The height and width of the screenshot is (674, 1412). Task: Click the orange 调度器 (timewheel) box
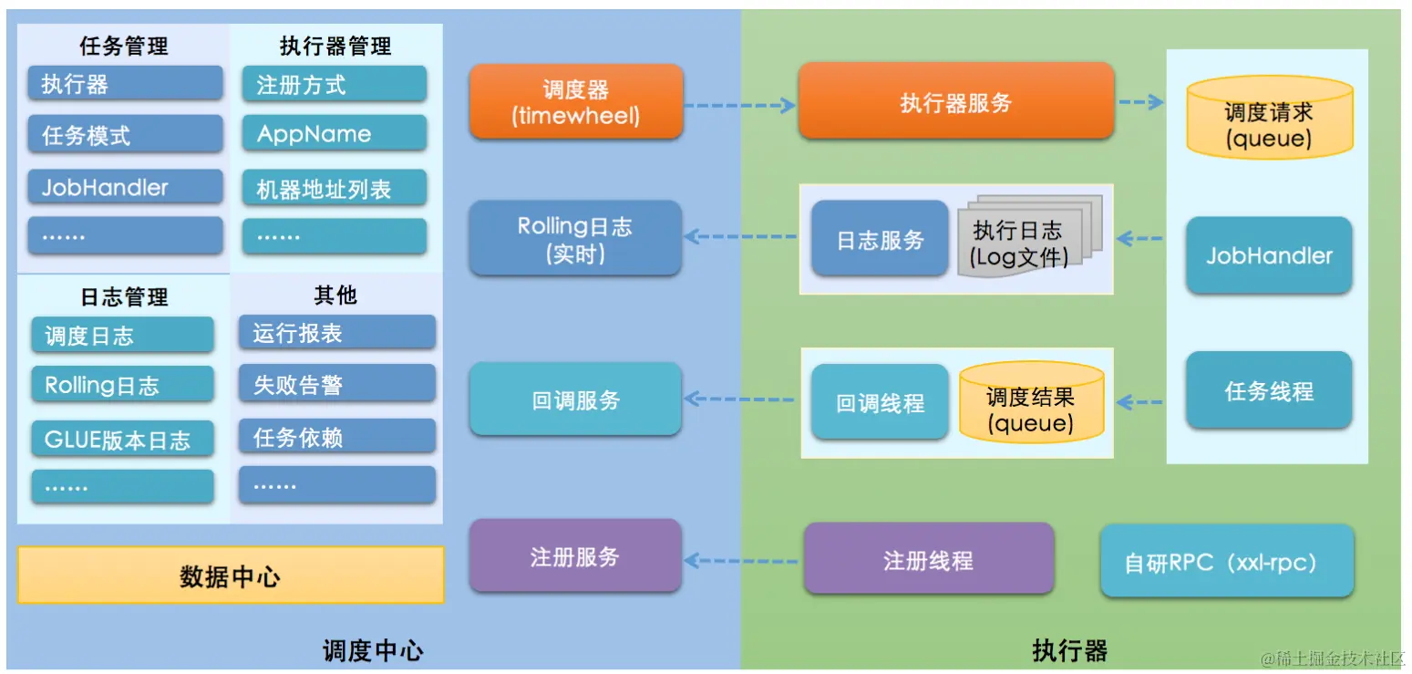(x=575, y=102)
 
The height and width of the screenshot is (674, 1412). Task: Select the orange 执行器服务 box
(x=955, y=102)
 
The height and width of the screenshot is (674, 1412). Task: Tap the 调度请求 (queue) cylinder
(x=1268, y=119)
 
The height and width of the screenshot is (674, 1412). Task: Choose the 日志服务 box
(x=880, y=239)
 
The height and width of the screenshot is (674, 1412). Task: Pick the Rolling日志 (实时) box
(x=575, y=239)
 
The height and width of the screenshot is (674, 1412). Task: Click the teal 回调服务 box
(x=575, y=399)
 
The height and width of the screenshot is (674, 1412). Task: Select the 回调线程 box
(x=880, y=402)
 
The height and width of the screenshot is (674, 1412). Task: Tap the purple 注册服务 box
(x=575, y=556)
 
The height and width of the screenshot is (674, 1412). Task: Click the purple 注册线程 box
(x=928, y=559)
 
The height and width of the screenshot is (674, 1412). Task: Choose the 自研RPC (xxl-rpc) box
(x=1226, y=562)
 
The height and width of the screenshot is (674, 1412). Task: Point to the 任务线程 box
(x=1268, y=391)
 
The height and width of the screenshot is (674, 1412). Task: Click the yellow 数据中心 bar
(x=231, y=575)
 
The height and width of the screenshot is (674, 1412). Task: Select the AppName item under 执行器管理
(x=334, y=134)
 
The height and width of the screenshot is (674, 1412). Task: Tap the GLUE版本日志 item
(x=122, y=440)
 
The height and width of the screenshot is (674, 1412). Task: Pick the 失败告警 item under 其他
(x=335, y=385)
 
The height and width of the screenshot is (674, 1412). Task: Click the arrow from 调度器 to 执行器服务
(x=740, y=106)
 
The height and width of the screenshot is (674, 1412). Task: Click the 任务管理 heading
(x=124, y=47)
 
